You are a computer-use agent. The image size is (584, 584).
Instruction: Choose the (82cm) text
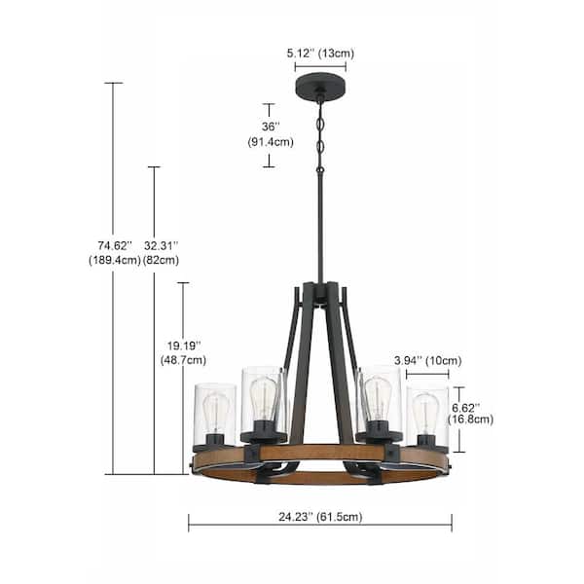pos(163,260)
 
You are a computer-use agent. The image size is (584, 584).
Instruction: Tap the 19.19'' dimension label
pos(181,345)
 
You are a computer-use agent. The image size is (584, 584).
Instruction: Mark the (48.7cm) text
pos(181,360)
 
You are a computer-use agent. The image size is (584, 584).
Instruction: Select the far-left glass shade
pos(214,414)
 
